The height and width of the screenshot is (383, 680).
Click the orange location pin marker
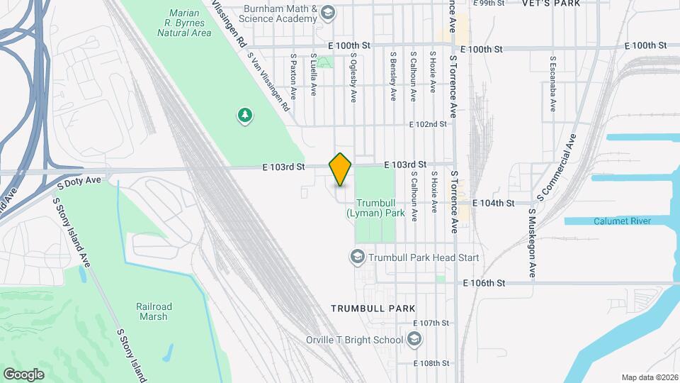(x=341, y=170)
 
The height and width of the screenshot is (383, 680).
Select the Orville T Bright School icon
(x=414, y=340)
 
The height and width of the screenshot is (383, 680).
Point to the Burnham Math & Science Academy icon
(x=328, y=13)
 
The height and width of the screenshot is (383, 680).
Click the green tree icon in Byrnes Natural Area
(x=244, y=115)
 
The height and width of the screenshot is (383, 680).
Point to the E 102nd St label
(x=429, y=124)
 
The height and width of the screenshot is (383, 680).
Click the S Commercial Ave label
(x=557, y=165)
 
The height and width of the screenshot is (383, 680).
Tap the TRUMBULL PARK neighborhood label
(x=373, y=309)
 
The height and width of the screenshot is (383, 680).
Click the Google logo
(x=23, y=374)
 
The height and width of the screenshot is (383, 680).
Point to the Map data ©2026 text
(x=648, y=377)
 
